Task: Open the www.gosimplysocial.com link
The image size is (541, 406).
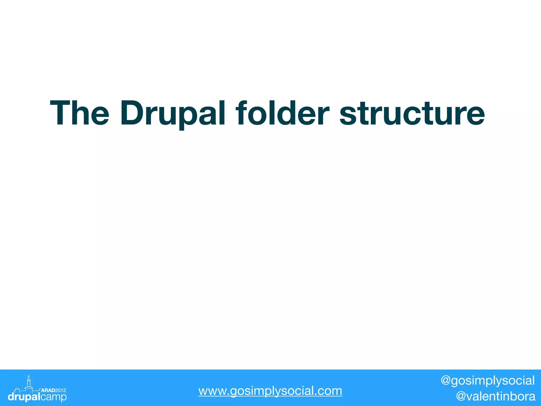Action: [x=270, y=391]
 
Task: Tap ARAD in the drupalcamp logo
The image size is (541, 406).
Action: [x=48, y=390]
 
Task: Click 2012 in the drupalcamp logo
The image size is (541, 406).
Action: [x=60, y=390]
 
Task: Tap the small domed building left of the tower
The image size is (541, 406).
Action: [x=17, y=390]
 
